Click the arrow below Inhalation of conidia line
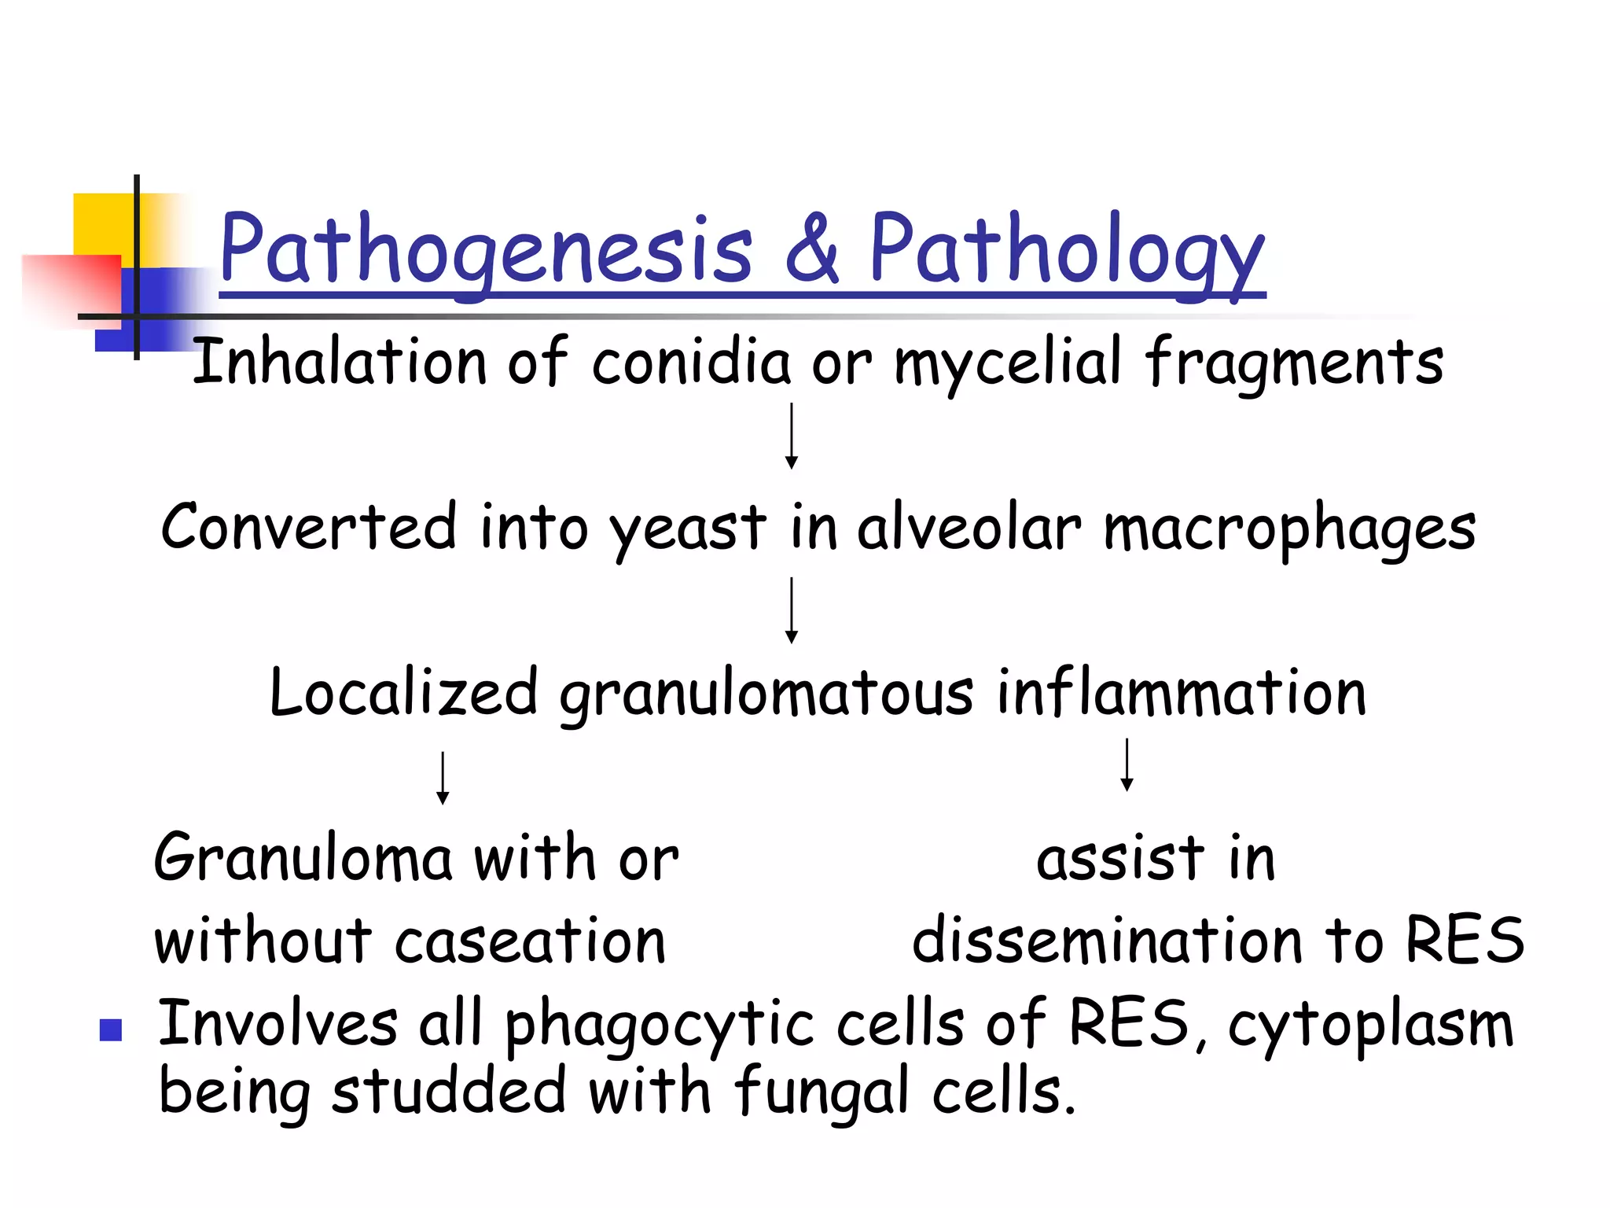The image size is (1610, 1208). click(792, 436)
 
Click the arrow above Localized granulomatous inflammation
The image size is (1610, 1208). click(792, 610)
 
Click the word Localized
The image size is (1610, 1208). click(403, 694)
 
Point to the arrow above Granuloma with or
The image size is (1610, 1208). click(443, 778)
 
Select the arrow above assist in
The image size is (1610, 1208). click(1127, 764)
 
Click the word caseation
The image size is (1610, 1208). click(530, 942)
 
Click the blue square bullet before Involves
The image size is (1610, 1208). click(111, 1029)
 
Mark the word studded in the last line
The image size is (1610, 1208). click(448, 1092)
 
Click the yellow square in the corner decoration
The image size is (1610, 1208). click(102, 224)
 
